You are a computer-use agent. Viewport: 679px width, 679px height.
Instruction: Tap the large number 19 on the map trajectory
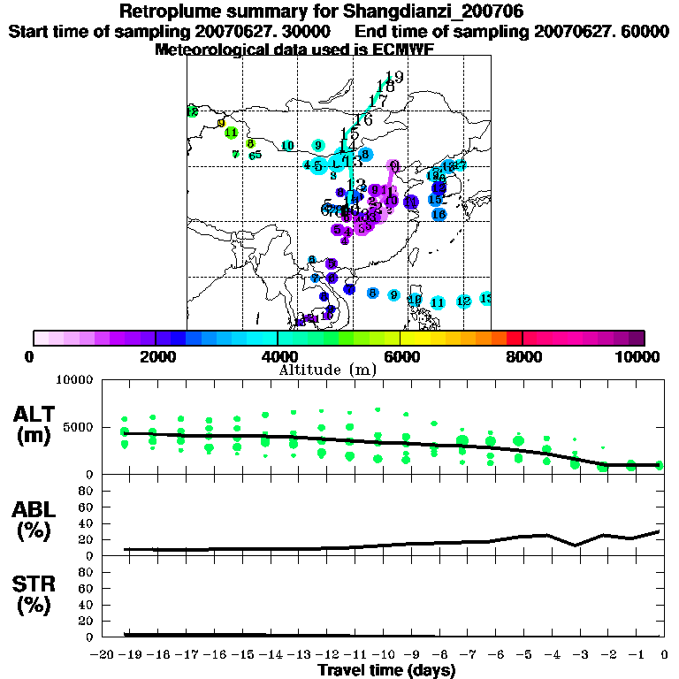(x=394, y=77)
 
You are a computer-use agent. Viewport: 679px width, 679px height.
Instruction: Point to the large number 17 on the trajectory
(x=378, y=100)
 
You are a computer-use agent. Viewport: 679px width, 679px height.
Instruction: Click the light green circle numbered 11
(x=231, y=133)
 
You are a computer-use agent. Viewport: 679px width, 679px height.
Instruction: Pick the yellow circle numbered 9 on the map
(x=221, y=123)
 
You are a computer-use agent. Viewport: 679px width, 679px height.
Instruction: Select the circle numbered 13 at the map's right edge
(x=485, y=299)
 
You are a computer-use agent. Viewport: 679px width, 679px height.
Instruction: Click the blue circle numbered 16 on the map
(x=439, y=214)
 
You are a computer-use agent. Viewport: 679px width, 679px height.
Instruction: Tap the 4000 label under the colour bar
(x=278, y=356)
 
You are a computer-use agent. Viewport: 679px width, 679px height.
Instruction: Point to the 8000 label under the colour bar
(x=523, y=356)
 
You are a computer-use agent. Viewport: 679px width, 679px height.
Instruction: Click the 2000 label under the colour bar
(x=156, y=356)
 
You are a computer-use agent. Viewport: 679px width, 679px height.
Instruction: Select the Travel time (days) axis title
(x=385, y=671)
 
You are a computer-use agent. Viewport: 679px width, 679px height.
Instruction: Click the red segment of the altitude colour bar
(x=515, y=338)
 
